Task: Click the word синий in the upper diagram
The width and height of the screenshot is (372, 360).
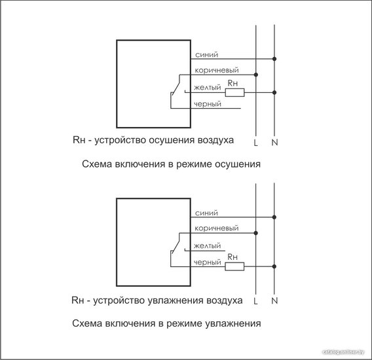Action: (206, 55)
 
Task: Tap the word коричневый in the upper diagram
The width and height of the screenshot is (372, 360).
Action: (217, 70)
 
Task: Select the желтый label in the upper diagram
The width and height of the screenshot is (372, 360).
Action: (208, 88)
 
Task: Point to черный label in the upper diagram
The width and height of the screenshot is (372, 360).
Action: (208, 104)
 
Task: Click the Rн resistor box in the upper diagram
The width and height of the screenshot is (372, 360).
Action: (234, 92)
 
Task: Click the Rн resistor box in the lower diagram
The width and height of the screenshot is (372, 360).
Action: (234, 266)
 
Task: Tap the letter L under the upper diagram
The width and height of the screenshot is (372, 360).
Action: (255, 143)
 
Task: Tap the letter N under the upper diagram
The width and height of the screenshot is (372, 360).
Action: (274, 142)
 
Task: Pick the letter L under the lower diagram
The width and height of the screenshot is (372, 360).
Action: (255, 301)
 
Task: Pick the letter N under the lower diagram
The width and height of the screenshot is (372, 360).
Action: (274, 300)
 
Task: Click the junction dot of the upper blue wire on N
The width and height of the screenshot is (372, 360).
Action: (274, 59)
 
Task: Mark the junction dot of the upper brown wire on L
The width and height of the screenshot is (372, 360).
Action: (255, 75)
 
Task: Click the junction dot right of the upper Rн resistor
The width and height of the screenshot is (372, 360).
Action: (274, 92)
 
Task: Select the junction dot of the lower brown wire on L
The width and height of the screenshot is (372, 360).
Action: (255, 233)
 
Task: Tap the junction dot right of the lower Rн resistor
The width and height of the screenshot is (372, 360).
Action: (274, 266)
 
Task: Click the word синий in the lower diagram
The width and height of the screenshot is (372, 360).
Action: (206, 213)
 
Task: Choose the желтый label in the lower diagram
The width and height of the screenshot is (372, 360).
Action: (207, 245)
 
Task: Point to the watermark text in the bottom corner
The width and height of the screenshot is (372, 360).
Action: (343, 352)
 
